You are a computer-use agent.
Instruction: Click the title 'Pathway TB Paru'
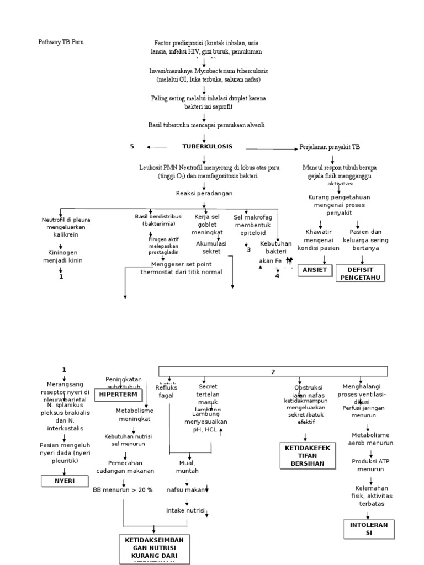pyautogui.click(x=61, y=42)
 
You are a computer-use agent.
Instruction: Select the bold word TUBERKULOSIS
pyautogui.click(x=208, y=146)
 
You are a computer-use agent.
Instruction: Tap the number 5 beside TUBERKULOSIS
pyautogui.click(x=132, y=146)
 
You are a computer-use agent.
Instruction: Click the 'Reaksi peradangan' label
pyautogui.click(x=204, y=193)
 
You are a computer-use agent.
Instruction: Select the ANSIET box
pyautogui.click(x=314, y=270)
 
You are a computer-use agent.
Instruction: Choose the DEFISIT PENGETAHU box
pyautogui.click(x=360, y=273)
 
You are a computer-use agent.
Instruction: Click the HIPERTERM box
pyautogui.click(x=118, y=395)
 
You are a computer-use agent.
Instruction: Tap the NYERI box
pyautogui.click(x=65, y=481)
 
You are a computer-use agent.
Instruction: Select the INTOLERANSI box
pyautogui.click(x=369, y=528)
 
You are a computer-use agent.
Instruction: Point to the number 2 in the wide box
pyautogui.click(x=273, y=372)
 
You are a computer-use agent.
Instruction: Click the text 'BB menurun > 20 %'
pyautogui.click(x=123, y=489)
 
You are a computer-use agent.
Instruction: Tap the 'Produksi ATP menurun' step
pyautogui.click(x=370, y=465)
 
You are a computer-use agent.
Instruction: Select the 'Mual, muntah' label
pyautogui.click(x=187, y=467)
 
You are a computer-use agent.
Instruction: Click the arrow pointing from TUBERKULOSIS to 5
pyautogui.click(x=157, y=147)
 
